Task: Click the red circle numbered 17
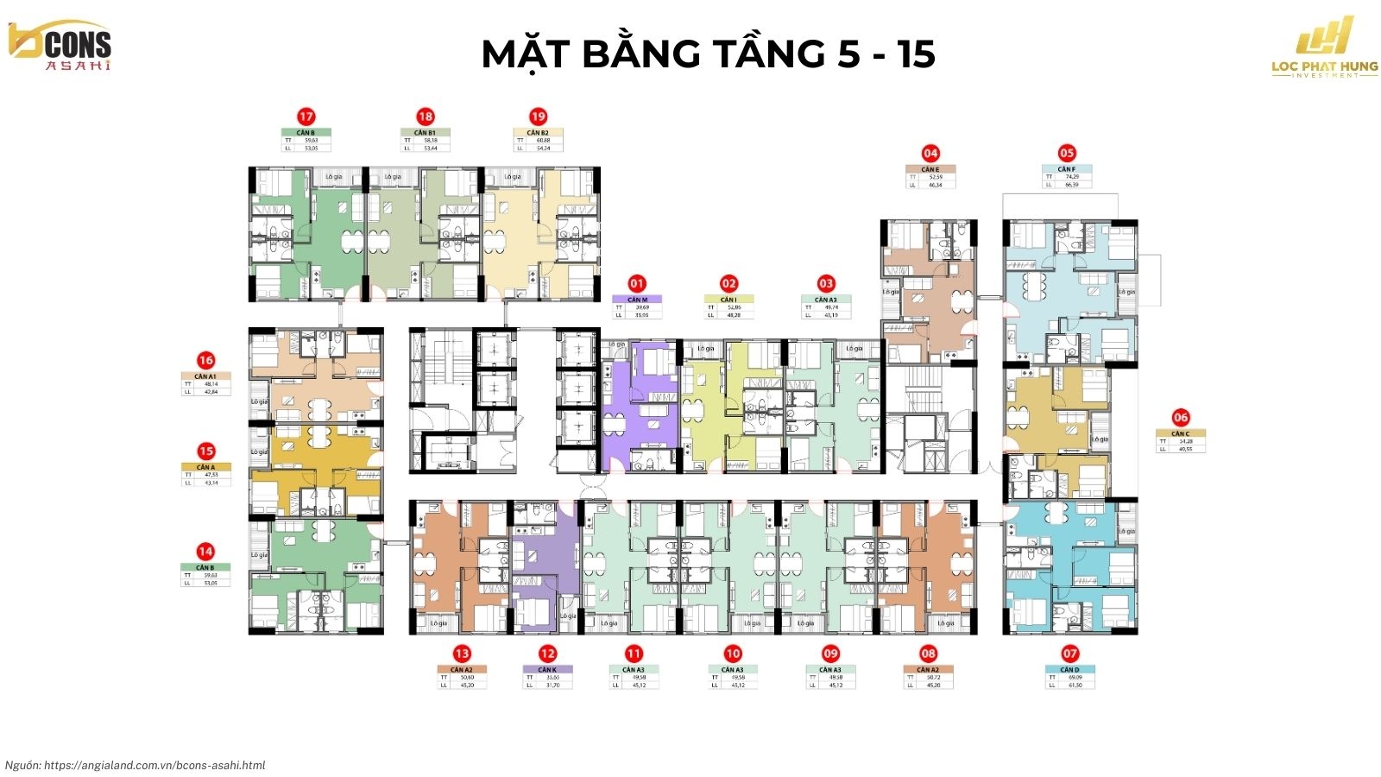(x=306, y=117)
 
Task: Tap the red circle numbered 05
(x=1067, y=153)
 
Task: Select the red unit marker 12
(x=547, y=654)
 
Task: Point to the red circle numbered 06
(x=1181, y=417)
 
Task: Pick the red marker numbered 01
(x=637, y=283)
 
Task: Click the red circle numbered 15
(x=205, y=451)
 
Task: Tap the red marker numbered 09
(x=830, y=654)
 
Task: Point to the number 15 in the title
(x=915, y=54)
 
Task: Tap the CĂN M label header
(x=637, y=300)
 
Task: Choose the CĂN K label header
(x=547, y=670)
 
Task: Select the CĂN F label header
(x=1067, y=169)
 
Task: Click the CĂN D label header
(x=1069, y=670)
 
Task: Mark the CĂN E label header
(x=930, y=169)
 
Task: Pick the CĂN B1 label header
(x=425, y=133)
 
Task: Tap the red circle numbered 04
(x=930, y=153)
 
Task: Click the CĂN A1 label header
(x=205, y=376)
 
